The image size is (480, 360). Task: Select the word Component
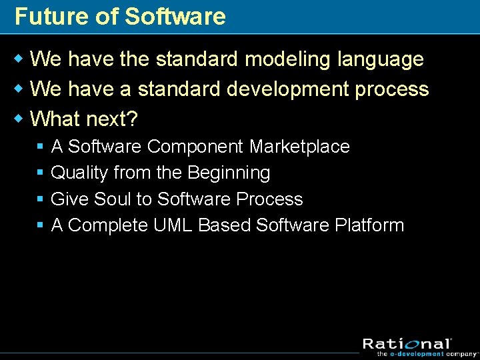[196, 146]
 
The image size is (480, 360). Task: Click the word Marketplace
[299, 146]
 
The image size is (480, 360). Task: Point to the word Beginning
[229, 173]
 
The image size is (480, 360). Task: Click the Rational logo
[407, 344]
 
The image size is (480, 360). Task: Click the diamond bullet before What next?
[19, 119]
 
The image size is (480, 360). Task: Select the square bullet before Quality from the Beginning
[40, 173]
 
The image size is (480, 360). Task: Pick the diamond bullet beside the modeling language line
[19, 59]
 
